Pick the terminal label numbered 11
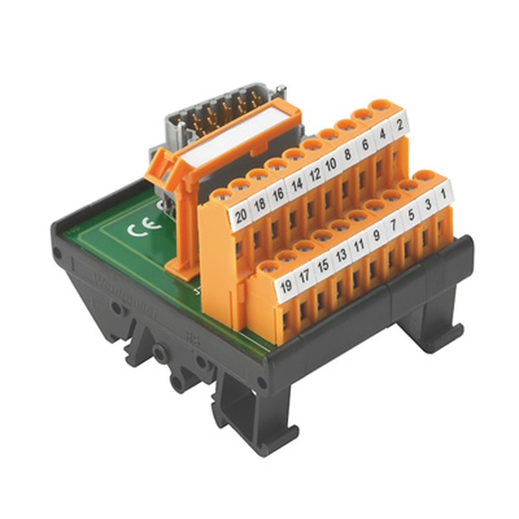click(x=359, y=242)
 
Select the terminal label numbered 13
click(x=341, y=253)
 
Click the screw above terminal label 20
click(x=223, y=195)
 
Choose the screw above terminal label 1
click(x=425, y=175)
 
